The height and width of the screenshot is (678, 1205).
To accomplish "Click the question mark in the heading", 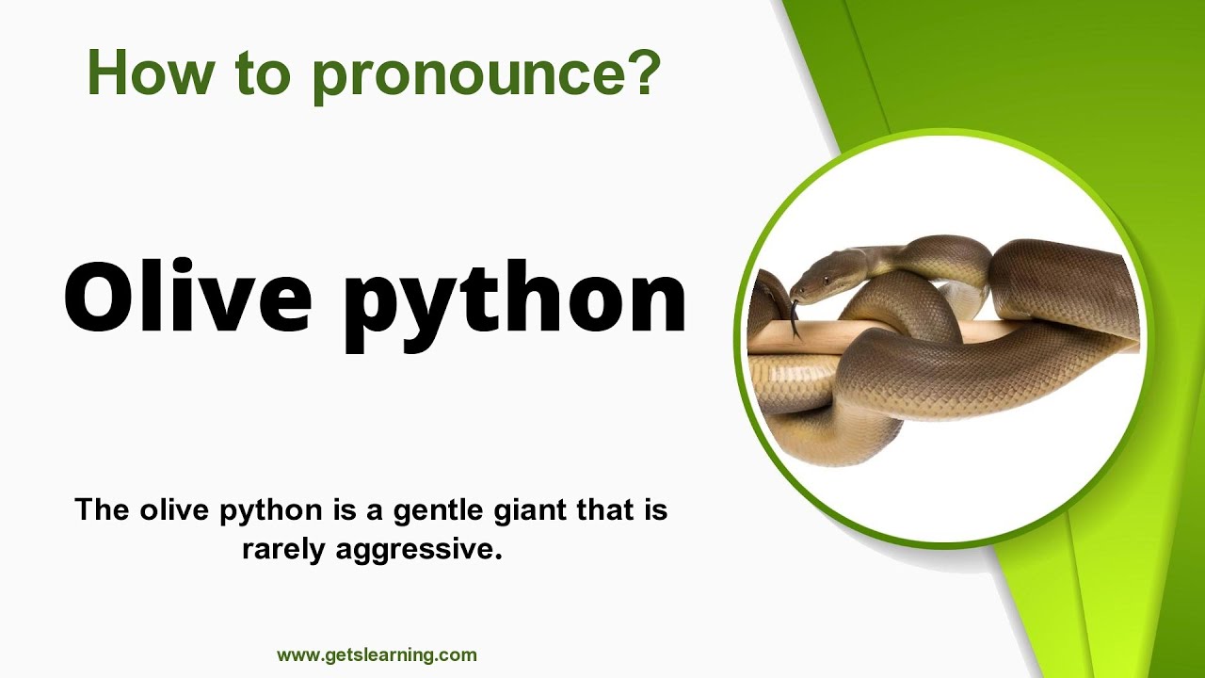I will point(642,72).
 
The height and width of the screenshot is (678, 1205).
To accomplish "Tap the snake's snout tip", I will point(794,293).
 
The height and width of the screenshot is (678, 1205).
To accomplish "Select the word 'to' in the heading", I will point(259,73).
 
